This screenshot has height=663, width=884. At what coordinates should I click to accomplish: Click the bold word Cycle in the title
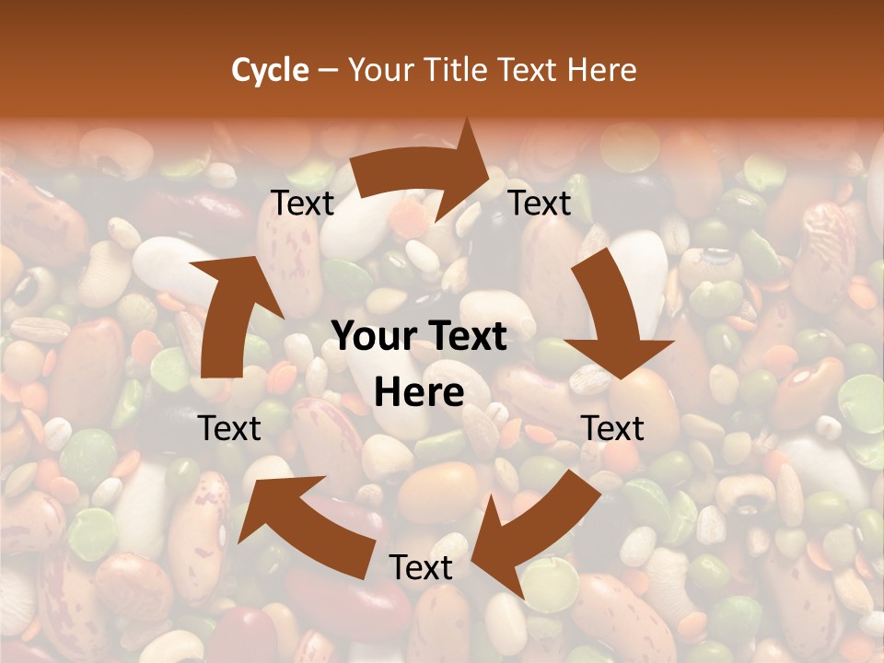click(269, 70)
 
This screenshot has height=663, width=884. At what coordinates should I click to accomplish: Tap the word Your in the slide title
click(380, 70)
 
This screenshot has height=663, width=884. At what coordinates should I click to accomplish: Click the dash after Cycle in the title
click(328, 70)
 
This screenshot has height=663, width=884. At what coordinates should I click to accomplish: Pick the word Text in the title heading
click(529, 70)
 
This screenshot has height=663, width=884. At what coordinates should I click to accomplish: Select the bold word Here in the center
click(419, 392)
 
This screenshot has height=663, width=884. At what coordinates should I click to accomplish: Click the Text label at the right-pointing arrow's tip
click(540, 203)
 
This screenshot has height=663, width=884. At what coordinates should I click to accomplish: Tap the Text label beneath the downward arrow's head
click(613, 428)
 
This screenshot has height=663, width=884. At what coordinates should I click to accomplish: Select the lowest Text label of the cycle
click(421, 567)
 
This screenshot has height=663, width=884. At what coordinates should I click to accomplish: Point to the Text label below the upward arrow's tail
click(229, 427)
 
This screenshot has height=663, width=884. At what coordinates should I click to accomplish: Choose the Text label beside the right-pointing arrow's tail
click(302, 203)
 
